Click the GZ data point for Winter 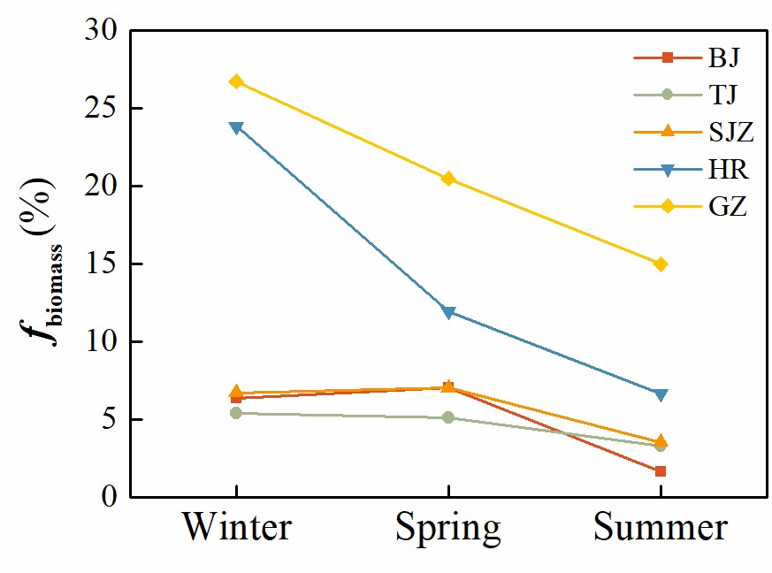(x=236, y=81)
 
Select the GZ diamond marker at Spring (x=448, y=179)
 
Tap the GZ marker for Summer (x=661, y=264)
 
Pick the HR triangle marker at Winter (x=236, y=127)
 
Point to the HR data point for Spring (x=448, y=312)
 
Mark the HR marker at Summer (x=661, y=394)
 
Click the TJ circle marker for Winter (x=236, y=413)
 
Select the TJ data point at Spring (x=448, y=417)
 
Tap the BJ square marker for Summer (x=661, y=471)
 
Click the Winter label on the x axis (x=237, y=528)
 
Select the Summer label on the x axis (x=661, y=528)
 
